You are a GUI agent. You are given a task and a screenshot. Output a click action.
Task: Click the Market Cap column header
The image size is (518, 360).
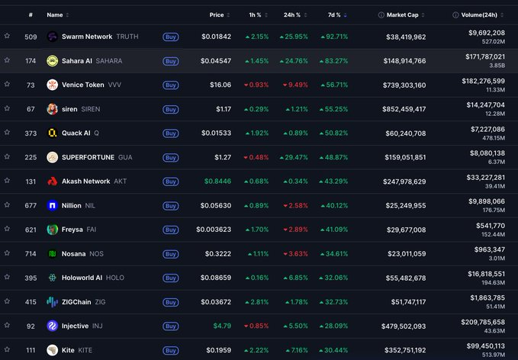pos(402,14)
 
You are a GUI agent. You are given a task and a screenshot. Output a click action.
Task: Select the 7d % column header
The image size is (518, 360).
pos(334,14)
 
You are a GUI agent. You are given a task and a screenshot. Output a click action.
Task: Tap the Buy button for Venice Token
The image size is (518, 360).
pos(170,85)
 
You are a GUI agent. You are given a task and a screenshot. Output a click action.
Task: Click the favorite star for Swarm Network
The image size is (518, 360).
pos(7,36)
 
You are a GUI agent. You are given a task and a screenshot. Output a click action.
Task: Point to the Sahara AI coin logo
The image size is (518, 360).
pos(52,61)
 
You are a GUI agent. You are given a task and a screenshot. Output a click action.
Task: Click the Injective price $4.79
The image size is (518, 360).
pos(222,326)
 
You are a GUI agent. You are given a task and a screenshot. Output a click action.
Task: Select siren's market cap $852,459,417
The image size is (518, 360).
pos(404,109)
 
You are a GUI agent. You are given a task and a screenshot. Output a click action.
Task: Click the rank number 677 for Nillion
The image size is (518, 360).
pos(31,206)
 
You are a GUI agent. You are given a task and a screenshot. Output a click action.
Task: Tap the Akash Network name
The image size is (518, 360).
pos(86,182)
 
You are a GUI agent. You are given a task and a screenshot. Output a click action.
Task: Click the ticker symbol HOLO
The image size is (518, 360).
pos(115,278)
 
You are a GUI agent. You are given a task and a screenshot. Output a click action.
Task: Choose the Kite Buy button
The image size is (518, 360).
pos(170,350)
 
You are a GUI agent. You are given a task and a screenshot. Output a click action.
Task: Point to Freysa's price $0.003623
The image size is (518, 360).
pos(214,230)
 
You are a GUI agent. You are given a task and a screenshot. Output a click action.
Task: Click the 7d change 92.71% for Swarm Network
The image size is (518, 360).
pos(334,37)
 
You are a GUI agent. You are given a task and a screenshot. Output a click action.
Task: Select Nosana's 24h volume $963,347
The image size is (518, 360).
pos(490,249)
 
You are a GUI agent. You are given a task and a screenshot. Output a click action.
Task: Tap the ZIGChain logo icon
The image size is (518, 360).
pos(52,302)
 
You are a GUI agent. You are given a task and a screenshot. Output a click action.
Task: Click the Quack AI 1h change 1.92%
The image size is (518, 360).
pos(257,133)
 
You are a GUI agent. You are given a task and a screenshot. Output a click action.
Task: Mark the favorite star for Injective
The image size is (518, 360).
pos(7,325)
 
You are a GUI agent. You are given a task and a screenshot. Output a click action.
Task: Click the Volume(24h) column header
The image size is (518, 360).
pos(479,14)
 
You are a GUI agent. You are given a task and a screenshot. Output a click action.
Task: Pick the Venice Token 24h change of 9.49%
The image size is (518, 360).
pos(295,85)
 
